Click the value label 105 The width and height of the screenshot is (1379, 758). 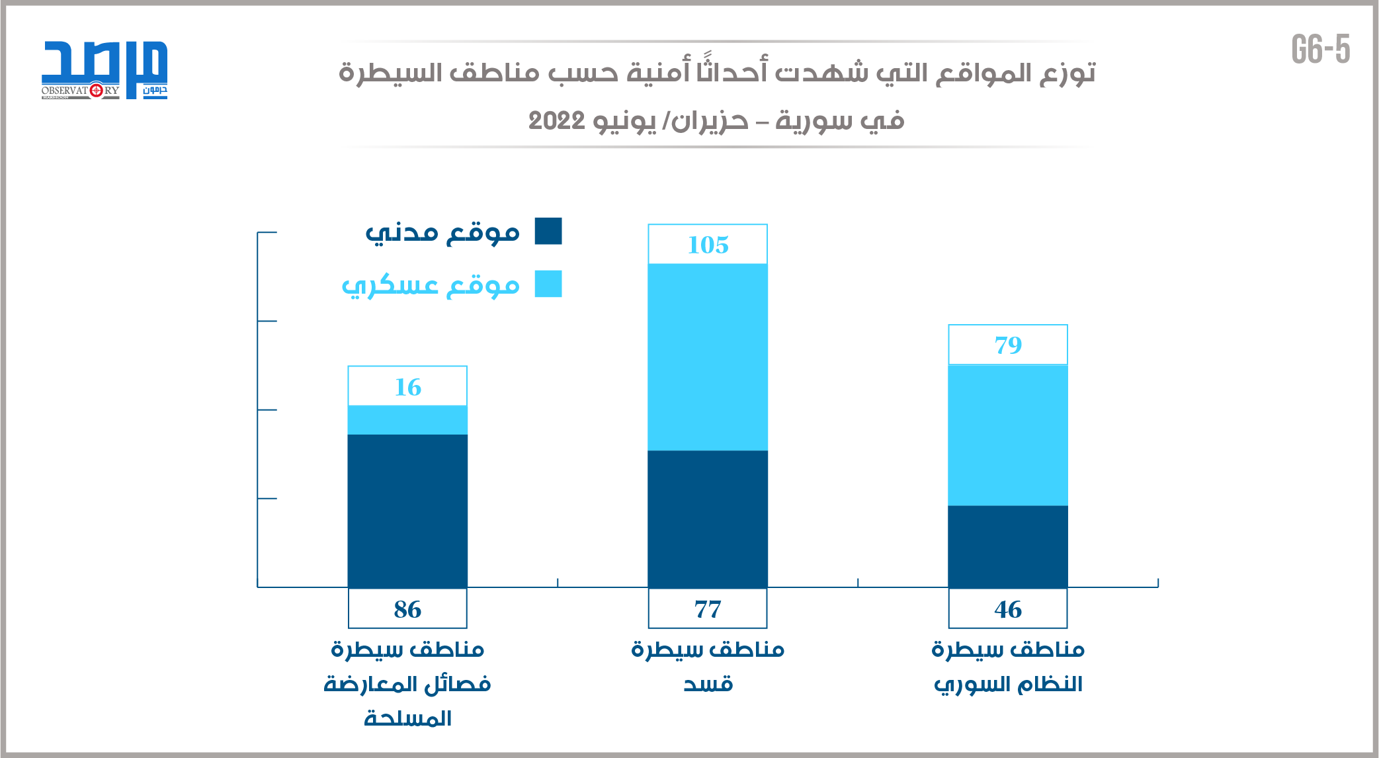point(708,245)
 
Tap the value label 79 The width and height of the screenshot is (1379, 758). point(1008,345)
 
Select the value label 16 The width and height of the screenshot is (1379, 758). point(407,387)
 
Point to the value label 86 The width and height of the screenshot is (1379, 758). point(407,609)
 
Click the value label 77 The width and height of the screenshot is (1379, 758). point(708,609)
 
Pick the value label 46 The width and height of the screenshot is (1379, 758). point(1008,609)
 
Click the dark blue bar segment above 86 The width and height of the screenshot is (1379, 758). point(407,511)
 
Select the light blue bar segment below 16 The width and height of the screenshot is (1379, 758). point(407,420)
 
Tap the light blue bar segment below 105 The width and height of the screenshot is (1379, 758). point(708,357)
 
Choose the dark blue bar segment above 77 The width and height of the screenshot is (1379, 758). point(708,519)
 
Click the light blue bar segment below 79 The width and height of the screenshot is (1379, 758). point(1008,435)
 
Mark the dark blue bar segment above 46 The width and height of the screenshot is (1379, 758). point(1008,546)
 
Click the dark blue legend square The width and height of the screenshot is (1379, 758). point(548,231)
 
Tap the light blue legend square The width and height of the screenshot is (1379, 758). point(548,284)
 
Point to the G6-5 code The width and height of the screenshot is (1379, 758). point(1320,50)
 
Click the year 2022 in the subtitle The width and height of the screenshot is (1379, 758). point(556,121)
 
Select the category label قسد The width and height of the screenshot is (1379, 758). point(708,684)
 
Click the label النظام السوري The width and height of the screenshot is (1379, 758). point(1008,684)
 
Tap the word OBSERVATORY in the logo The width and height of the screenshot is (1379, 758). point(80,91)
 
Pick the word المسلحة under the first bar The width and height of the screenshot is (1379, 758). point(407,718)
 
